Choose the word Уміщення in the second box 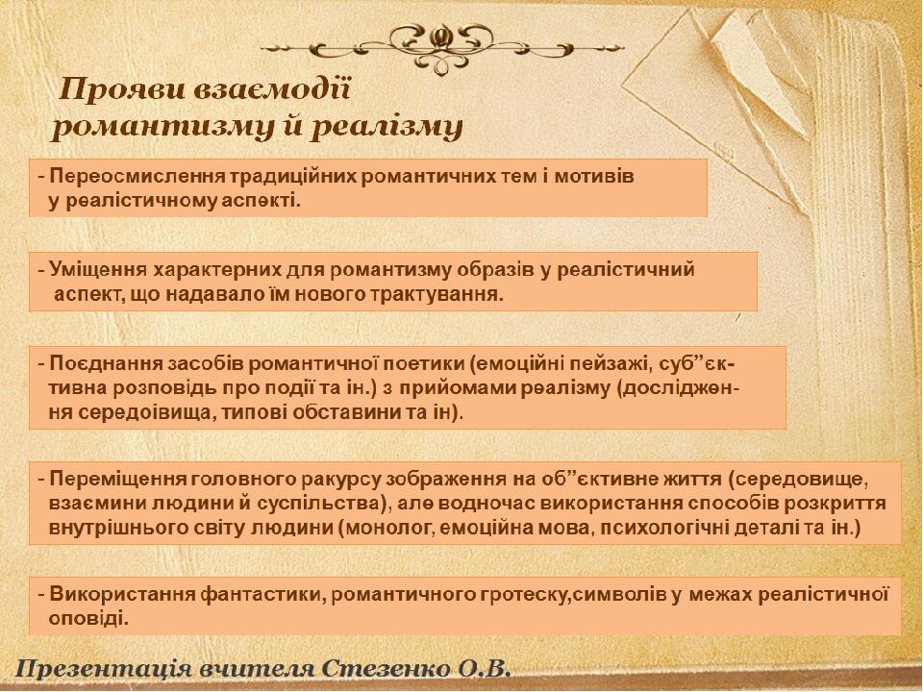(x=98, y=270)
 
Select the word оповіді (x=88, y=619)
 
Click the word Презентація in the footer (x=103, y=670)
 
